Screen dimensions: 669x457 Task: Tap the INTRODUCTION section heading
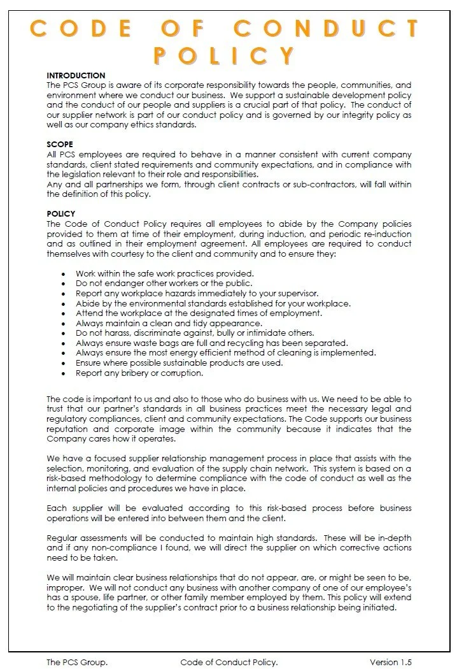coord(76,76)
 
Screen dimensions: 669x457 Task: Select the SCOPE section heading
coord(60,145)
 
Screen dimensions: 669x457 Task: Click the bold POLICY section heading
coord(61,214)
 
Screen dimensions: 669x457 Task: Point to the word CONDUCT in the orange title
coord(326,29)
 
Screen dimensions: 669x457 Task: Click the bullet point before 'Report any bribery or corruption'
coord(63,373)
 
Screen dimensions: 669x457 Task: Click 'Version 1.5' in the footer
coord(394,662)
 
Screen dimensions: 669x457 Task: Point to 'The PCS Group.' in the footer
coord(73,662)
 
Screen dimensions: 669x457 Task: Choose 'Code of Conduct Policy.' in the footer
coord(229,662)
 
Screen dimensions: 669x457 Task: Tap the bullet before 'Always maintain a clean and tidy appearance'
coord(63,324)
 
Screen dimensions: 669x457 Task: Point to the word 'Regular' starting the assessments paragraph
coord(62,538)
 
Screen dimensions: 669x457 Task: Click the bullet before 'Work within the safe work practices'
coord(63,274)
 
